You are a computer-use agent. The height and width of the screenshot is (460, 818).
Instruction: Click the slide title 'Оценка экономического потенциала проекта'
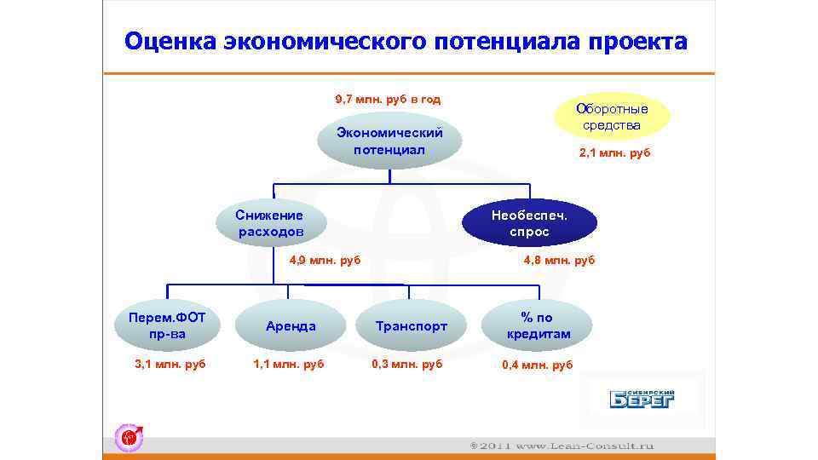pos(406,42)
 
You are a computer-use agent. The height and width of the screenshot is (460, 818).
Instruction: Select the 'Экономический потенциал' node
pos(389,141)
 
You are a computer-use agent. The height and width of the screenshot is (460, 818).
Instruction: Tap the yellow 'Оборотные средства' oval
pos(612,117)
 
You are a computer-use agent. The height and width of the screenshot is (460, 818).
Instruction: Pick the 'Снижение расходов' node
pos(271,223)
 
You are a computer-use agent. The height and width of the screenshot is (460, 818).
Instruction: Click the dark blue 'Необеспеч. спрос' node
pos(529,223)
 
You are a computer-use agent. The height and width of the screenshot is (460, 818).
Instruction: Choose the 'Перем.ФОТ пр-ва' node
pos(167,325)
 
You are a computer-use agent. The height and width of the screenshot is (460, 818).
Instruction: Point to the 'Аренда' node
pos(291,325)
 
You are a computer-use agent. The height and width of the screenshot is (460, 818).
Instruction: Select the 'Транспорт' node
pos(412,325)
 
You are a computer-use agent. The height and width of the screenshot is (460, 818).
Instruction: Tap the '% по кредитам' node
pos(538,325)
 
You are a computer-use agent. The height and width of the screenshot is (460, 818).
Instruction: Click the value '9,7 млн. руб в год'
pos(389,99)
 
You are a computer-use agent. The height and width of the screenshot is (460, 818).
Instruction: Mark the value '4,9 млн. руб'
pos(325,260)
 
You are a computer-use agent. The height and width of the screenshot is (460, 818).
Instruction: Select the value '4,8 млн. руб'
pos(560,260)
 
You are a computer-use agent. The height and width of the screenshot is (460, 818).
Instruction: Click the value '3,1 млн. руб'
pos(170,365)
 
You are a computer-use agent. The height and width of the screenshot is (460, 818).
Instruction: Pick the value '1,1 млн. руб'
pos(289,365)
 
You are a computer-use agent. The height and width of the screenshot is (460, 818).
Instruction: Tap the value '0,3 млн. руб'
pos(407,365)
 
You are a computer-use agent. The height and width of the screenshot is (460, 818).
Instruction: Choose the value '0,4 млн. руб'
pos(538,365)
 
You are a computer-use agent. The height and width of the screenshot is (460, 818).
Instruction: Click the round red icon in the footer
pos(130,437)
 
